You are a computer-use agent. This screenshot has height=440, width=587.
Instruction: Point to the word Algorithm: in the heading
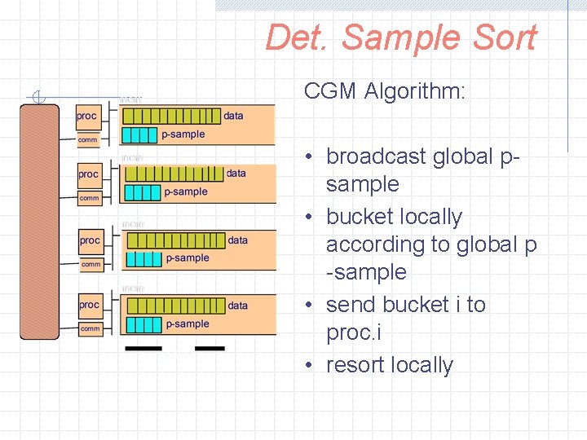(415, 90)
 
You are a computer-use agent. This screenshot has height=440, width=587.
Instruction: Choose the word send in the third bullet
(351, 305)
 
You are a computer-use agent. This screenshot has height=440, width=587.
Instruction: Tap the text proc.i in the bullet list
(354, 332)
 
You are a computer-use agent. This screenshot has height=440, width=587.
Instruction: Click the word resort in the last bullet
(354, 365)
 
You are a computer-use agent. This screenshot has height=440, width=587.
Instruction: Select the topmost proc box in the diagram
(87, 117)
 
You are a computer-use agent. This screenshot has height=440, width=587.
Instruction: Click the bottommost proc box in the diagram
(90, 306)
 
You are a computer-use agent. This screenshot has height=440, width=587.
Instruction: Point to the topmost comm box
(87, 140)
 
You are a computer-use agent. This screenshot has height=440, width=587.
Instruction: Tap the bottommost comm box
(90, 328)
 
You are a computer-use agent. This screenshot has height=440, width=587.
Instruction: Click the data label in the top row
(234, 116)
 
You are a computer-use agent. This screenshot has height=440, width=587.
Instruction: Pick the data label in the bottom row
(238, 306)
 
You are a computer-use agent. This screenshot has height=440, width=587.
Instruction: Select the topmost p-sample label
(183, 134)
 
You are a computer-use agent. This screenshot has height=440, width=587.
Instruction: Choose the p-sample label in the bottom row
(188, 324)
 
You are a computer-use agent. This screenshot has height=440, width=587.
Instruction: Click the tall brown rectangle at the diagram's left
(39, 220)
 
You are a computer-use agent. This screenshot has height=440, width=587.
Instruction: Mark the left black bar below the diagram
(143, 349)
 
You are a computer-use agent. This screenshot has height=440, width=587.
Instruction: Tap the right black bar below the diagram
(210, 349)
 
